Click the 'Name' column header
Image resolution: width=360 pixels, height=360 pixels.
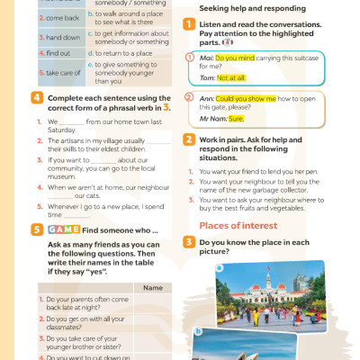click(x=152, y=288)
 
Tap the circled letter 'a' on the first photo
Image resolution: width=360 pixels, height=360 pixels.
click(x=202, y=271)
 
